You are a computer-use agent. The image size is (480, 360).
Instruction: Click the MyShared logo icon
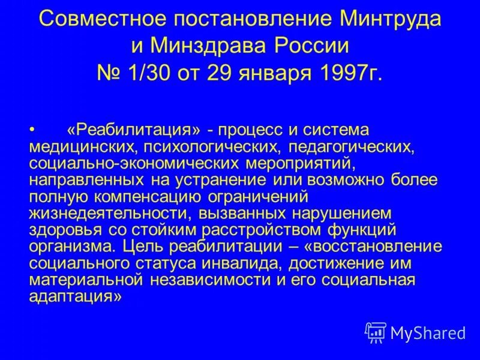pos(376,332)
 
